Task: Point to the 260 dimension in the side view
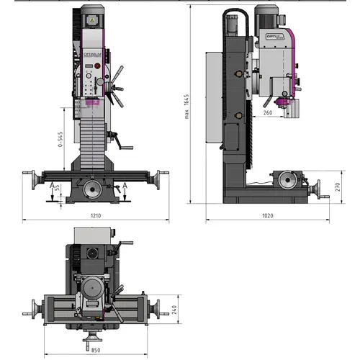click(x=269, y=112)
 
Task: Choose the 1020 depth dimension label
click(x=268, y=215)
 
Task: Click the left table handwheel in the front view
click(x=31, y=177)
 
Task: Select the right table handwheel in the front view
click(x=162, y=177)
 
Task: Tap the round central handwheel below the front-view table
click(x=93, y=189)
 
